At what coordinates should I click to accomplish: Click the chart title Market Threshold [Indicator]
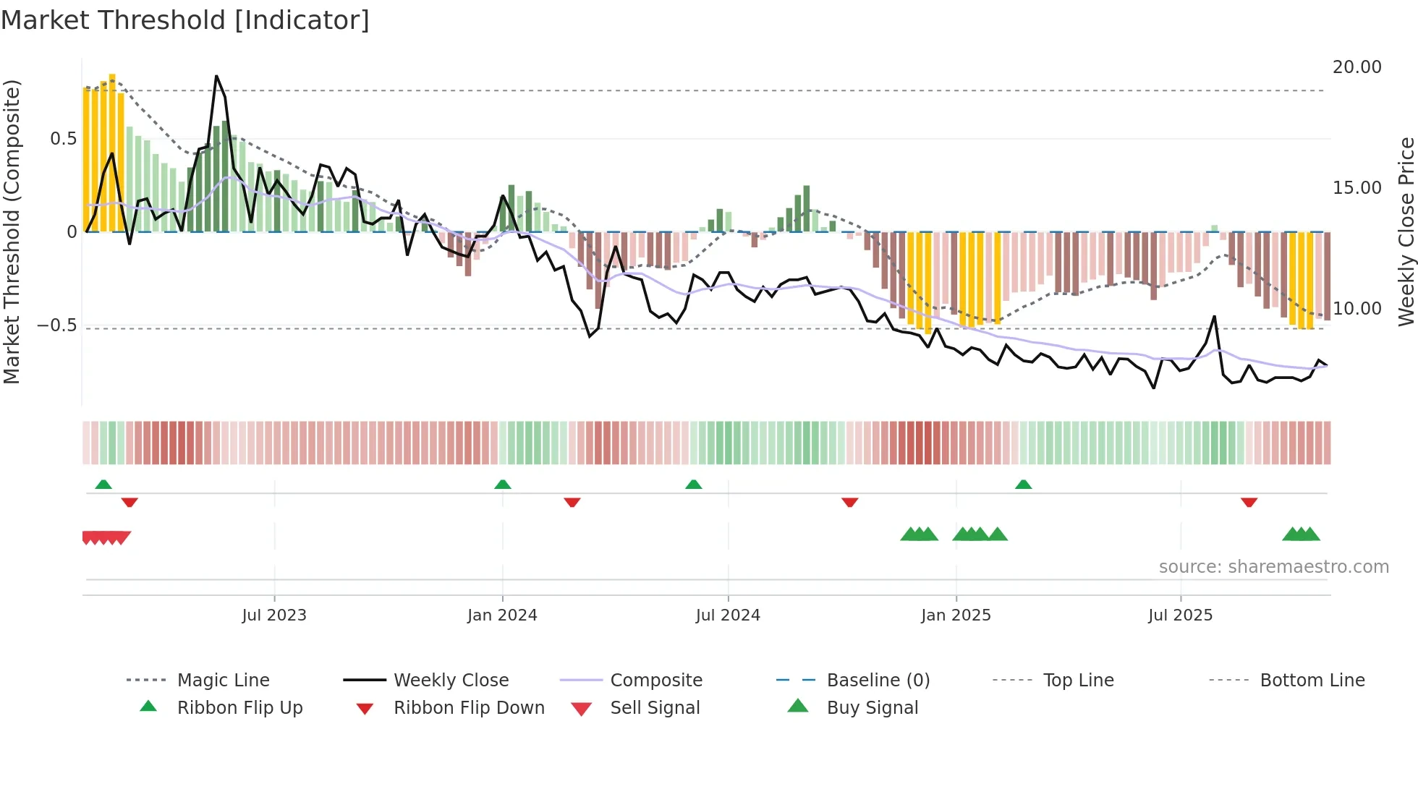[x=185, y=20]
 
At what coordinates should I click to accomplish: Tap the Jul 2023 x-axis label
[x=274, y=615]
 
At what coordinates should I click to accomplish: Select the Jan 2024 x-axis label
[x=502, y=615]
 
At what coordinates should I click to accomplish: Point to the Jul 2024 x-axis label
[x=728, y=615]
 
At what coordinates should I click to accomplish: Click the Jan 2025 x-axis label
[x=956, y=615]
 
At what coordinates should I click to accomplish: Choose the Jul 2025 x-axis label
[x=1180, y=615]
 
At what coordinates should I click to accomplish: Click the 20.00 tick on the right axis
[x=1357, y=67]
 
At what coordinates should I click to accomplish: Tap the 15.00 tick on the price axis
[x=1357, y=188]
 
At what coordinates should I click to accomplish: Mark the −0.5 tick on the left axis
[x=56, y=325]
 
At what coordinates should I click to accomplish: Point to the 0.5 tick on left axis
[x=63, y=139]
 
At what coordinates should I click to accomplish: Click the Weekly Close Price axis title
[x=1406, y=231]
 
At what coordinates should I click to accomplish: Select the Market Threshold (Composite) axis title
[x=12, y=231]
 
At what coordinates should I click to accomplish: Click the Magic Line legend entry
[x=223, y=681]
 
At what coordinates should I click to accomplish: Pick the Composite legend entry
[x=655, y=681]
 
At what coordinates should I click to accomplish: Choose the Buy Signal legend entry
[x=872, y=708]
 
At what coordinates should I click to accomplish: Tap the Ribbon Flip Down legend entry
[x=468, y=708]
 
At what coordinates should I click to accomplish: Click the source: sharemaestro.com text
[x=1273, y=567]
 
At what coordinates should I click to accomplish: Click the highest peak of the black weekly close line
[x=216, y=76]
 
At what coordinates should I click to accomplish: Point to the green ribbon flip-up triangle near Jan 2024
[x=503, y=485]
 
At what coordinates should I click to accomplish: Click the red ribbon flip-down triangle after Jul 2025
[x=1249, y=502]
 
